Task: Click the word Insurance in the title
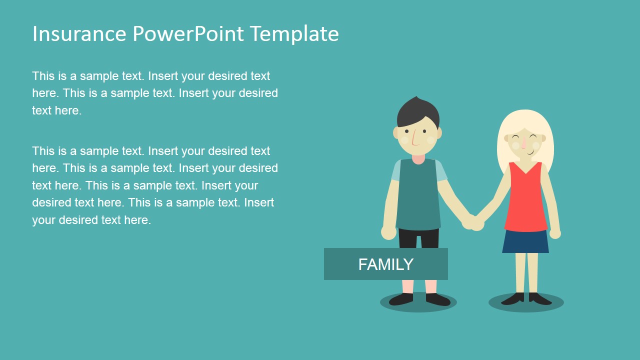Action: [x=79, y=34]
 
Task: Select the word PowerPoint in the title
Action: [x=188, y=34]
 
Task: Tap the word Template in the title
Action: [x=294, y=34]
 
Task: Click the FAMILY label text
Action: [x=385, y=264]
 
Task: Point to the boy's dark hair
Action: [x=418, y=111]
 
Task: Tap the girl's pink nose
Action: [x=523, y=144]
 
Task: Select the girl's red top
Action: [x=525, y=200]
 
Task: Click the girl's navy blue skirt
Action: [x=525, y=242]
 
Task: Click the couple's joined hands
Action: [x=473, y=222]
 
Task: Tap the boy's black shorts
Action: [x=419, y=238]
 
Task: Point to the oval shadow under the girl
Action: [x=526, y=303]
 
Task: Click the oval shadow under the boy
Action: [x=418, y=303]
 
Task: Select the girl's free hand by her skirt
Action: [x=555, y=233]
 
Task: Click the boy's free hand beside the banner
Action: [x=388, y=232]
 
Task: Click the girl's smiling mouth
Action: [x=529, y=151]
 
